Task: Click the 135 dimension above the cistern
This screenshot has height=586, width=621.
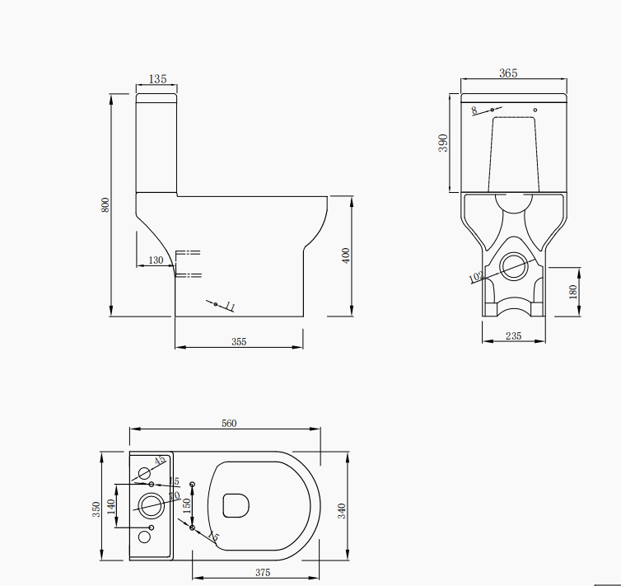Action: [157, 79]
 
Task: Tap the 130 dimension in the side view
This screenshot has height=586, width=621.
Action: [155, 260]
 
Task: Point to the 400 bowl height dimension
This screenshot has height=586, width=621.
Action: [346, 255]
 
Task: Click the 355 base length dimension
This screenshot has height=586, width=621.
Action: [239, 341]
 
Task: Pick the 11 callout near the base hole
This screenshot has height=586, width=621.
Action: [230, 307]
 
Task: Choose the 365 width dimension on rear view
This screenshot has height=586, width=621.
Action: [508, 73]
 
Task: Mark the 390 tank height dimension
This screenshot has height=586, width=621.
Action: [443, 143]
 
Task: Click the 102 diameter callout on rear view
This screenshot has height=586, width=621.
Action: [475, 278]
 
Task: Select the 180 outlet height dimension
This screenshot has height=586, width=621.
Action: [573, 291]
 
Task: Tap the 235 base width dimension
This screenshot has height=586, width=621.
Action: [513, 335]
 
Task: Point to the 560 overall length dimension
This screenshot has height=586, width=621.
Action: [229, 424]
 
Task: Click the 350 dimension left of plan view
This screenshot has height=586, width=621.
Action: [96, 509]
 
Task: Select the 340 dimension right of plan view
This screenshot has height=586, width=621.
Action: [342, 510]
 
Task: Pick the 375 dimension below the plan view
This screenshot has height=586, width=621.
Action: [262, 573]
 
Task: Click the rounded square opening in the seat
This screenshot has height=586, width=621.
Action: [236, 504]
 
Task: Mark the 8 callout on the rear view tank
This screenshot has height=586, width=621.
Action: [474, 109]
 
